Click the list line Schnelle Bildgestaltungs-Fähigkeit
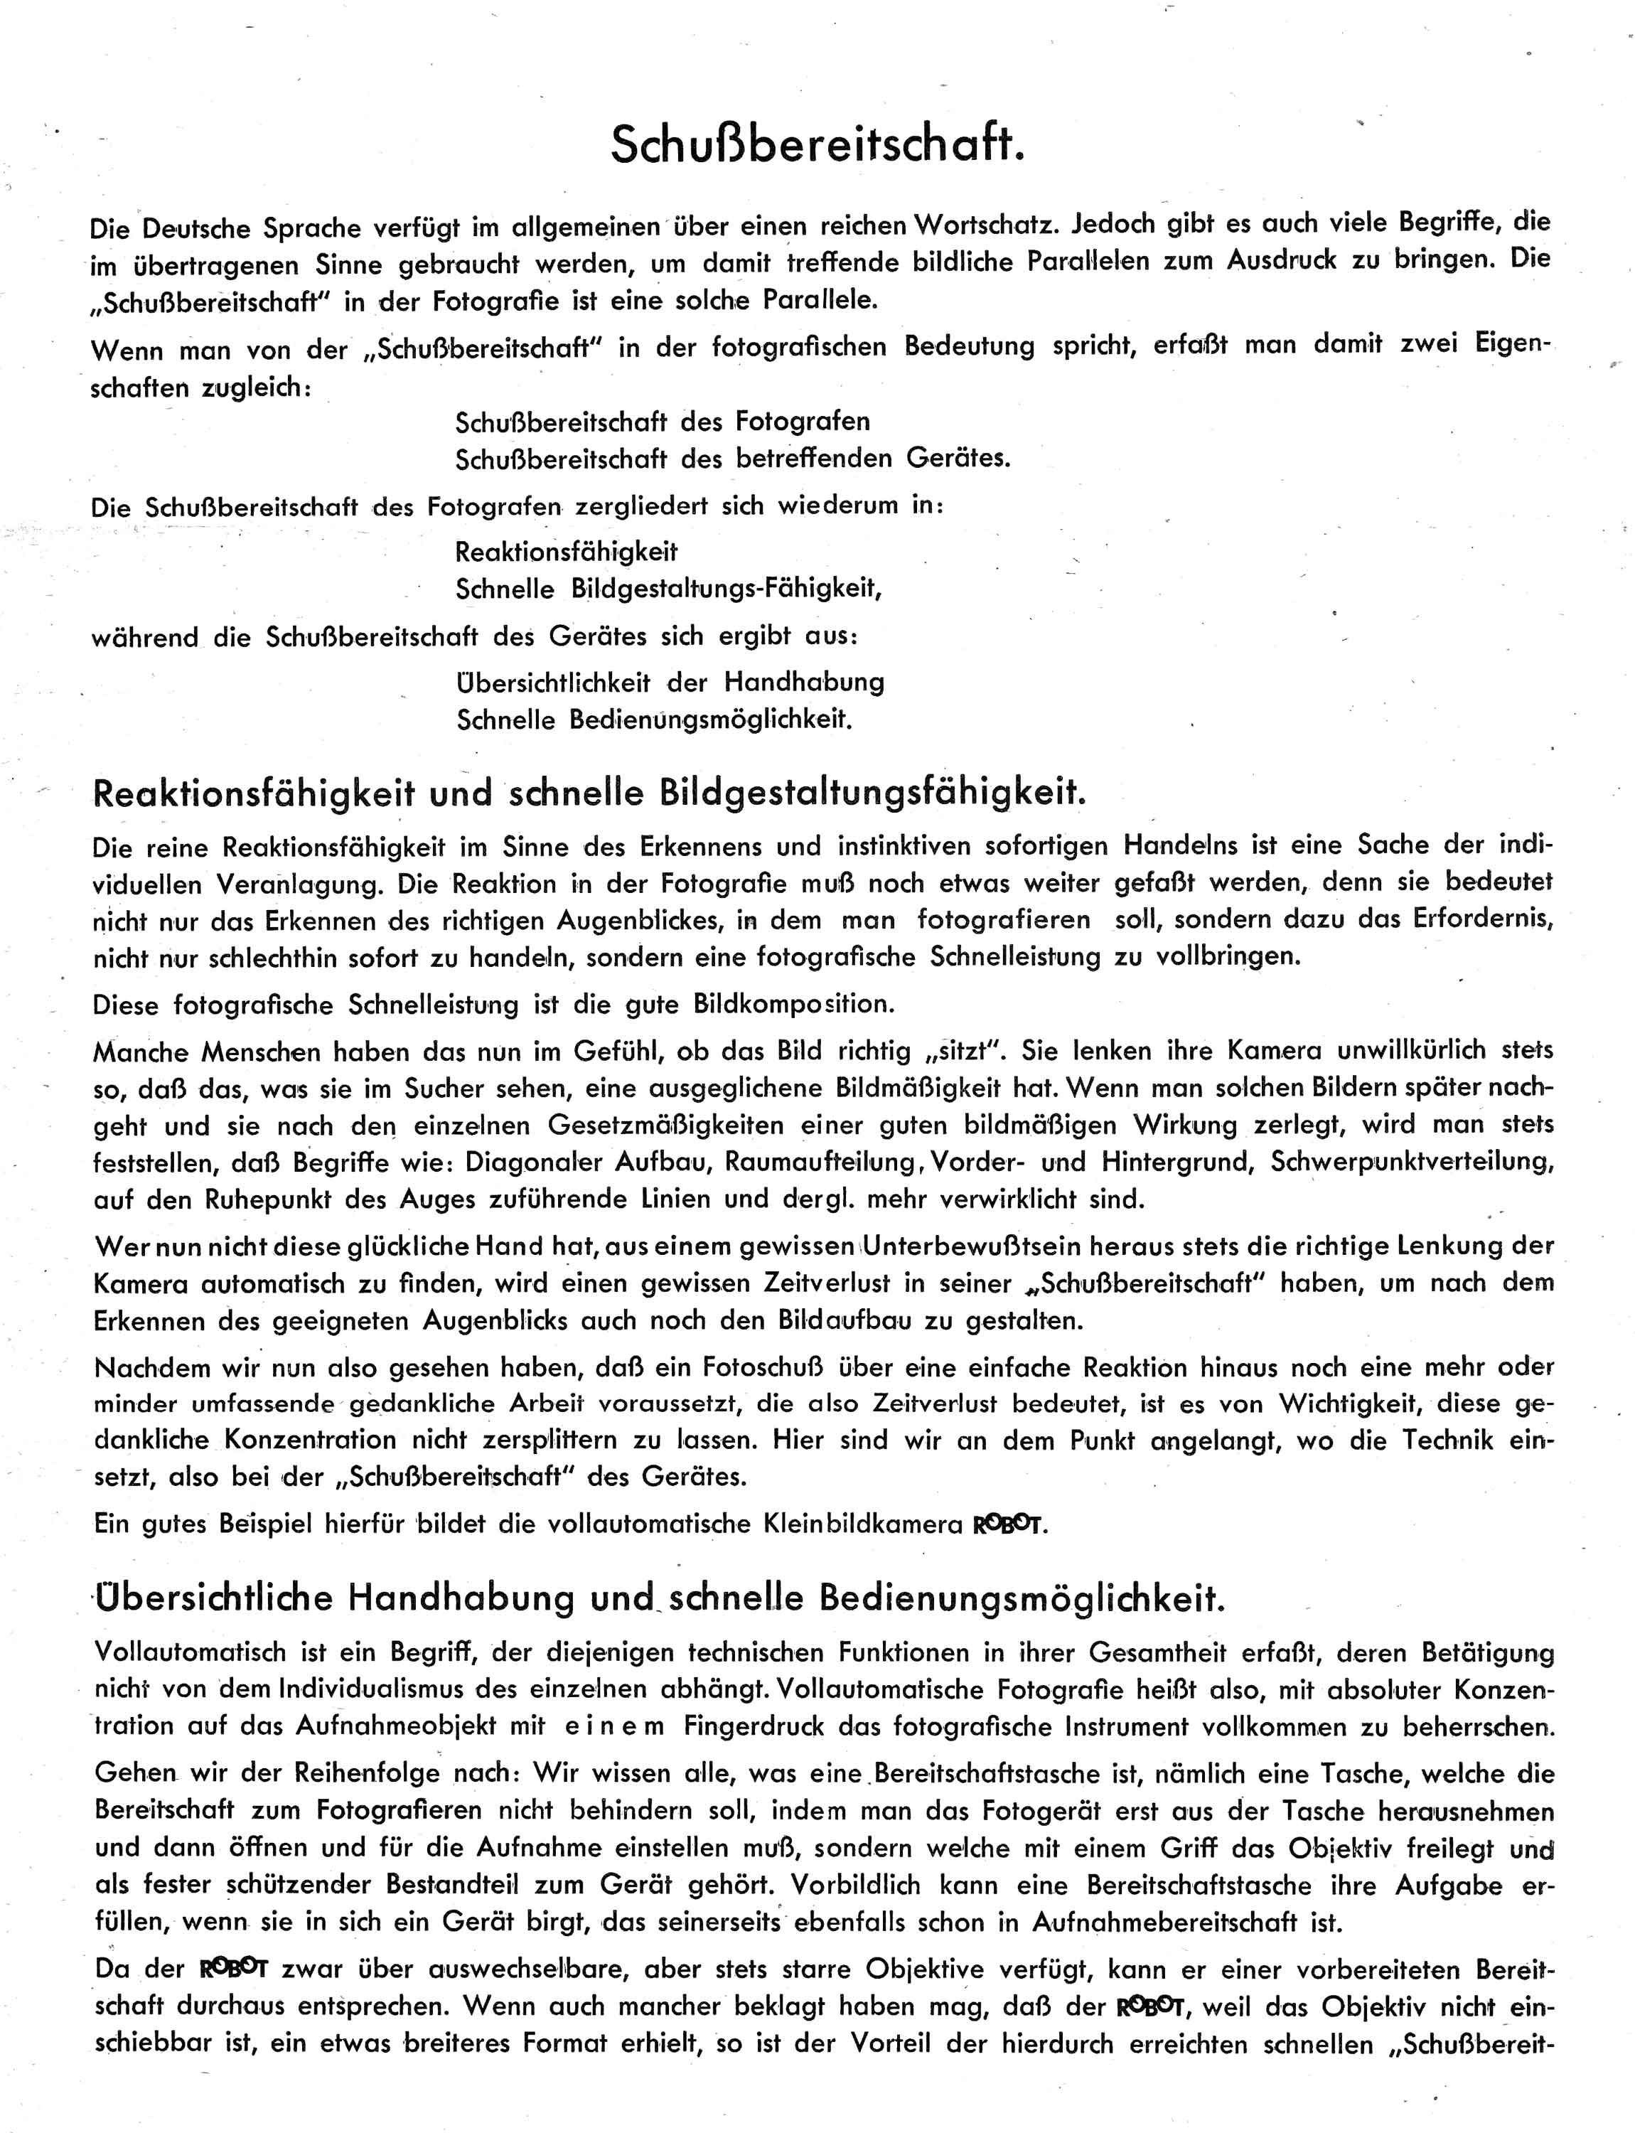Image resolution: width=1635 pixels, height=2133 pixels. click(669, 589)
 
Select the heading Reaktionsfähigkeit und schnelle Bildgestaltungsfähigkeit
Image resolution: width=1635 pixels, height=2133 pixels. click(589, 793)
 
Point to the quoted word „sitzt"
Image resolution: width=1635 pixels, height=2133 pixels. click(970, 1052)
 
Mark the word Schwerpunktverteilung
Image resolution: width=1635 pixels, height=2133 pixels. click(1411, 1162)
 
